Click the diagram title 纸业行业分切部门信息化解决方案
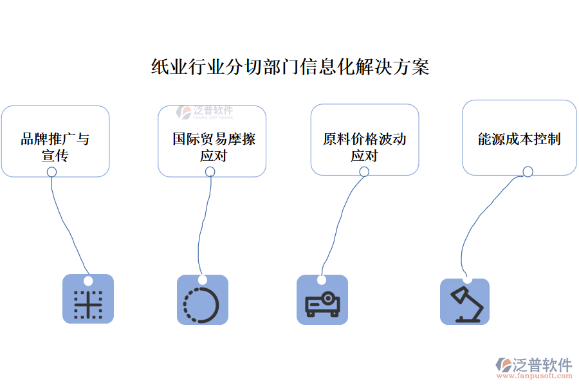289,67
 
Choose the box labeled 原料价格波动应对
365,140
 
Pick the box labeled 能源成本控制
519,138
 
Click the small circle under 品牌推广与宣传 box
52,172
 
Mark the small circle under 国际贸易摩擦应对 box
210,172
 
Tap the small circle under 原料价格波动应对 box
363,172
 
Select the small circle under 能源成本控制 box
528,171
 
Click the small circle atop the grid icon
88,280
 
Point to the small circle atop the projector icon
322,280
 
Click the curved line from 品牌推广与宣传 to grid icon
64,225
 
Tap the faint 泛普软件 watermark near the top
206,113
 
